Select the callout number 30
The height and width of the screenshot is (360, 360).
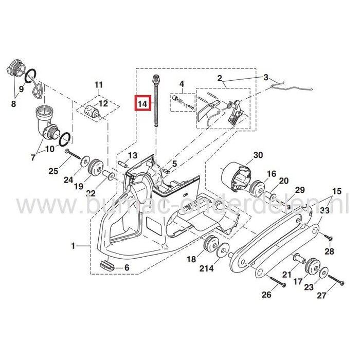pyautogui.click(x=258, y=155)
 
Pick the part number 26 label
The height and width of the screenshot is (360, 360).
pyautogui.click(x=266, y=295)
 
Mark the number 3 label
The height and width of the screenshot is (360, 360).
pyautogui.click(x=266, y=78)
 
